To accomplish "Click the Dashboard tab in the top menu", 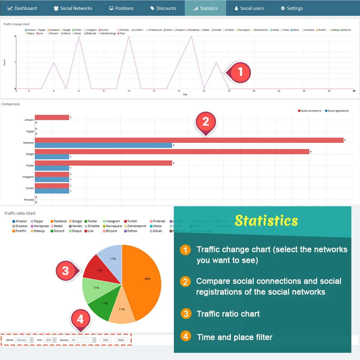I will [22, 8].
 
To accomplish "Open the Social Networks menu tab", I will [73, 8].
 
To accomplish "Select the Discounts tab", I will [163, 8].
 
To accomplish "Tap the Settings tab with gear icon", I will [292, 8].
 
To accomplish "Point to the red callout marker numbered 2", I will [206, 122].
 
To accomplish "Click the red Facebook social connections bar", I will [189, 140].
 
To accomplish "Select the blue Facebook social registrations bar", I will [103, 145].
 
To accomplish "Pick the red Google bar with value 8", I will [172, 152].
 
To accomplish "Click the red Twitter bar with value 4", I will [103, 163].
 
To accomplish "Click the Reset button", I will [121, 340].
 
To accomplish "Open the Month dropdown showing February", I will [24, 340].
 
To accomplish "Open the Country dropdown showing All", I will [84, 340].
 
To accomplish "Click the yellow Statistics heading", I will [266, 220].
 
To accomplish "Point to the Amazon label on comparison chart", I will [29, 120].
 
